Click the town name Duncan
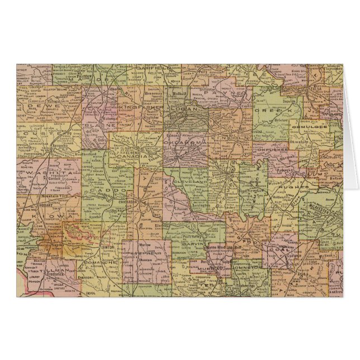(146, 260)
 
